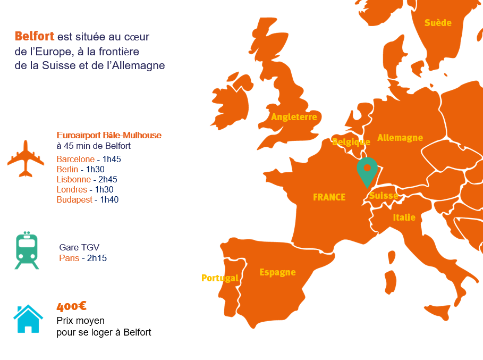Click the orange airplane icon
[26, 158]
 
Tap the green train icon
[27, 250]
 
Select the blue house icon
[28, 319]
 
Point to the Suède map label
[438, 23]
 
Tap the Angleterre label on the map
[294, 117]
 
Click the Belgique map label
[351, 142]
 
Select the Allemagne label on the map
[400, 138]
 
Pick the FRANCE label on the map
[329, 197]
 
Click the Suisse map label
[384, 196]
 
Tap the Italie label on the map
[404, 217]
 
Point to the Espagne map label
[277, 272]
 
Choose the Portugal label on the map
[219, 278]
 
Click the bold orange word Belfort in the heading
[35, 36]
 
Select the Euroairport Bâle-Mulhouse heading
[109, 136]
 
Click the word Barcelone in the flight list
[75, 159]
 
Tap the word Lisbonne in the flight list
[73, 179]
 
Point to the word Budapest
[75, 199]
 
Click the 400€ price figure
[72, 306]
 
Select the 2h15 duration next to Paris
[97, 258]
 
